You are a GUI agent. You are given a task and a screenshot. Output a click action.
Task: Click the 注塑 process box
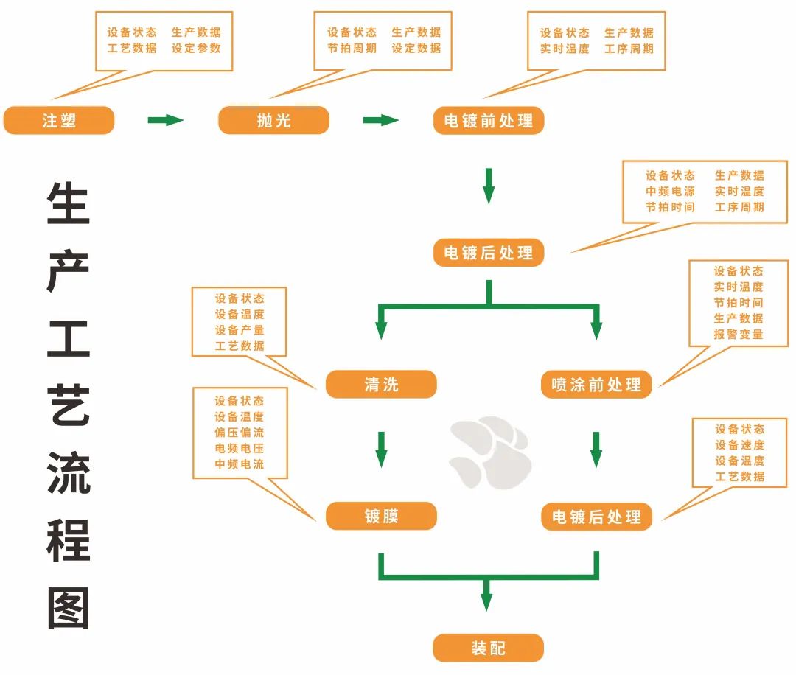59,120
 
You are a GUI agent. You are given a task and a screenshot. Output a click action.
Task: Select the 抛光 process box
273,120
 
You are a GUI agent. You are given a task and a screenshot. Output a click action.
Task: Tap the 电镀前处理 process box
488,120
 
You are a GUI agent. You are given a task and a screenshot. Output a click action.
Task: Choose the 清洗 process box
381,384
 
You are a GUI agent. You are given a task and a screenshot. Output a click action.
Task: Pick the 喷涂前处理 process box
596,384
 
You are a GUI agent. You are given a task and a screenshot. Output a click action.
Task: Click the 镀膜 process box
381,516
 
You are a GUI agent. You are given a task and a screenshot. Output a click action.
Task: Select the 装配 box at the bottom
488,648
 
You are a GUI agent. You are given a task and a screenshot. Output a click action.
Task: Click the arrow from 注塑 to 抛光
165,120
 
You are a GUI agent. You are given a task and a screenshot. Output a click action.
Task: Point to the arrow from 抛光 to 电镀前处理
380,120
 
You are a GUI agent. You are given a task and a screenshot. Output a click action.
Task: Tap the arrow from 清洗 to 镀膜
381,449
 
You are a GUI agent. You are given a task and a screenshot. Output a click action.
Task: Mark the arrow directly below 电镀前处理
488,186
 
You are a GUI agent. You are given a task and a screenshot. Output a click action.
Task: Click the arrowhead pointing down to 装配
486,600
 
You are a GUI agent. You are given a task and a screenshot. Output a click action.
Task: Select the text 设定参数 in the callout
196,49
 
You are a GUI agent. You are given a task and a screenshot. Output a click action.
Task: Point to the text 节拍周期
352,49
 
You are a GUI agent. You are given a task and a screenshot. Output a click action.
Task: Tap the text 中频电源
670,192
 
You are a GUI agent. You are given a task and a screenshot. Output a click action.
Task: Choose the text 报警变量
739,335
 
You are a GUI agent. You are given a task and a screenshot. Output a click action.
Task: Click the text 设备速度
739,445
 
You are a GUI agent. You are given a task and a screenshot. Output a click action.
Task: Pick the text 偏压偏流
239,433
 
